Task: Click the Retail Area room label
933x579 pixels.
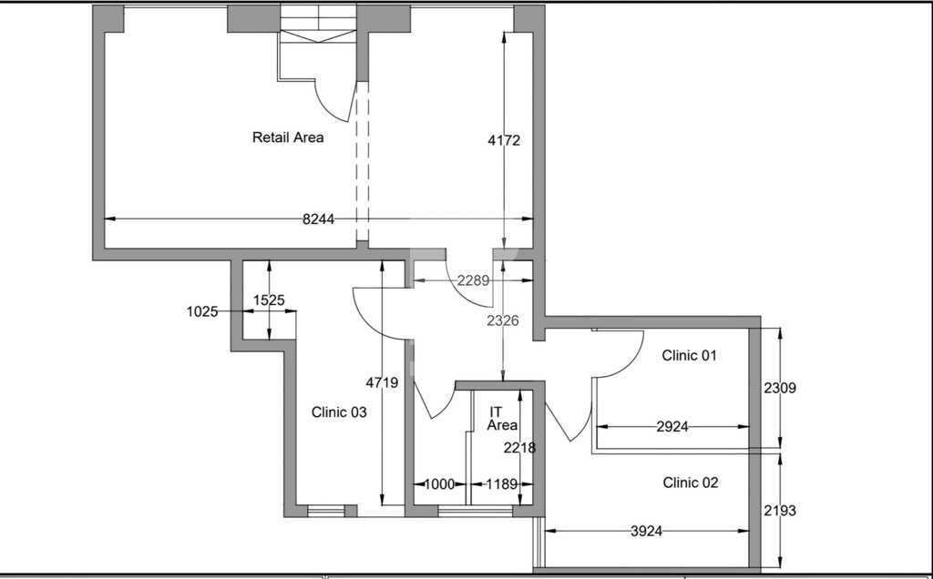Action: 288,137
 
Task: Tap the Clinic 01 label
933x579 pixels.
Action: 689,355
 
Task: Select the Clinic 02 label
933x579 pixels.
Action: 691,482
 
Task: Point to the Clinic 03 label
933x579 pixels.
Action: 339,412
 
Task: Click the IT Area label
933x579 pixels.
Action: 502,419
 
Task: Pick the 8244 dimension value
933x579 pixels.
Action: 318,219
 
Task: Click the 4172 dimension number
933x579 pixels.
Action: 504,140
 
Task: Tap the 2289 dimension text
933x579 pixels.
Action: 473,280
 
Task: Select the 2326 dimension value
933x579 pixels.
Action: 503,321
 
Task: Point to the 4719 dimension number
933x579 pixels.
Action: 382,383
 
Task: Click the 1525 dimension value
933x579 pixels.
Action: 269,300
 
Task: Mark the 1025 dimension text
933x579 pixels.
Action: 202,311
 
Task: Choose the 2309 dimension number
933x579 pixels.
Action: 780,388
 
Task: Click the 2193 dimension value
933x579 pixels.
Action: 780,511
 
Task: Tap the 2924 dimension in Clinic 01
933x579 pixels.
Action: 672,426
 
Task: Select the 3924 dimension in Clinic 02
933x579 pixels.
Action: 646,531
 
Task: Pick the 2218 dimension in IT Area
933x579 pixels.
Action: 519,448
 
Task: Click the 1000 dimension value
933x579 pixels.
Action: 439,484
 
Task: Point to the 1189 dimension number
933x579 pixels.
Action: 502,484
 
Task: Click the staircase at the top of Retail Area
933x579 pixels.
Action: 318,25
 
